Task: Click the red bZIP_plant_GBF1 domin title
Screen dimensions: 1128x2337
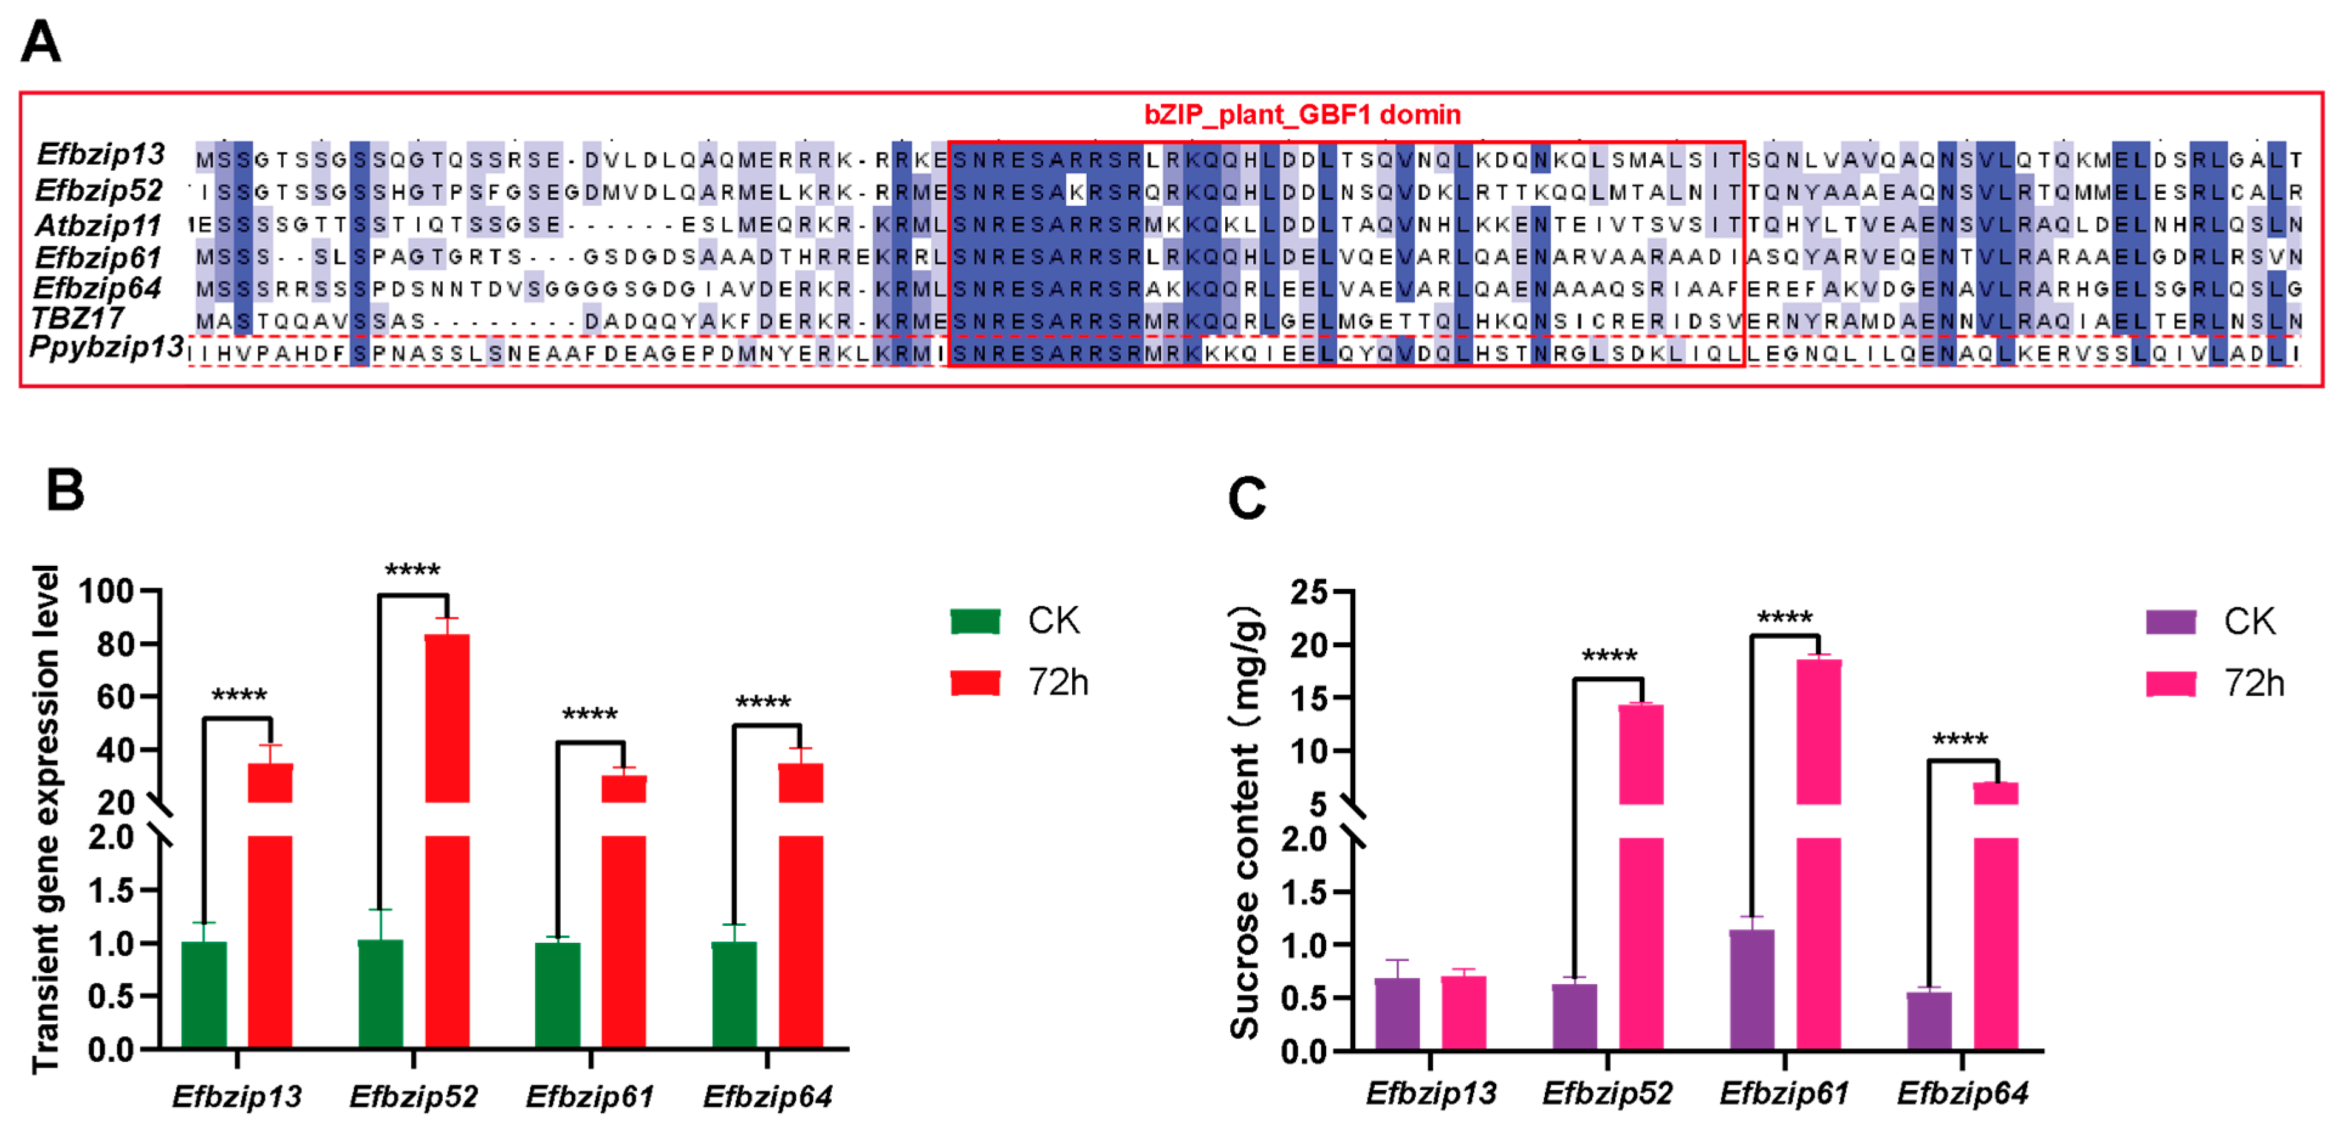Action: [x=1302, y=115]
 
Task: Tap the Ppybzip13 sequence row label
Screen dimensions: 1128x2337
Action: [x=106, y=347]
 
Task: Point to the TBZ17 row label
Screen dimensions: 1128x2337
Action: [x=78, y=318]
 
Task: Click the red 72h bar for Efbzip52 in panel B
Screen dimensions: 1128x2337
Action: [x=447, y=907]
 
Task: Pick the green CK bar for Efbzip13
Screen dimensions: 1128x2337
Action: [x=204, y=994]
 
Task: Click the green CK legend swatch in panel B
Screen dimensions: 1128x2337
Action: [x=974, y=621]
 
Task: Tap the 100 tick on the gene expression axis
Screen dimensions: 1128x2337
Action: [x=106, y=591]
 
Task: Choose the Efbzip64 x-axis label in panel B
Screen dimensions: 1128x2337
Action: [x=767, y=1096]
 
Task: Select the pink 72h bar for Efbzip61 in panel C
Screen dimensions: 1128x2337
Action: [x=1818, y=907]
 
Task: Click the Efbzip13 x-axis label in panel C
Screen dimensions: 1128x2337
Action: [x=1431, y=1093]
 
